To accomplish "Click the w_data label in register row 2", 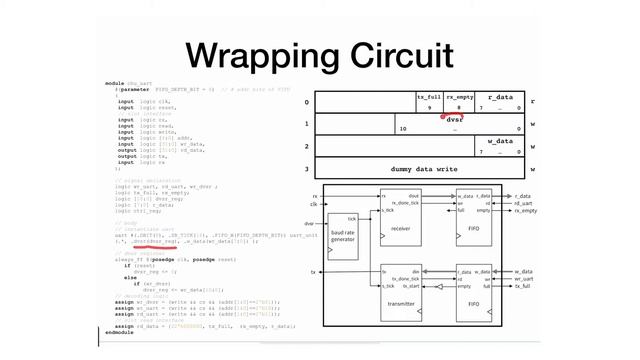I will [500, 141].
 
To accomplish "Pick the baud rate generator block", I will [343, 233].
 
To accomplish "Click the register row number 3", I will [308, 170].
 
